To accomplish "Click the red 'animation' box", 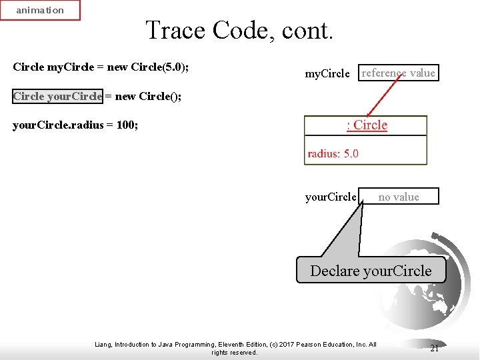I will (x=40, y=10).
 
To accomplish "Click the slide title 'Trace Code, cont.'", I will (x=239, y=30).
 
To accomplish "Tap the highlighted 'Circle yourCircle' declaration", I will (x=57, y=96).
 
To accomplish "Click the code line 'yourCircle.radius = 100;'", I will (x=75, y=125).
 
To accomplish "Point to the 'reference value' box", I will (x=398, y=73).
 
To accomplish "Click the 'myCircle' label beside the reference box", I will (x=327, y=74).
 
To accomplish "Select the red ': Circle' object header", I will (x=366, y=125).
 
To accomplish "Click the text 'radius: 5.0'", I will (x=333, y=153).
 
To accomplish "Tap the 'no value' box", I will (x=399, y=197).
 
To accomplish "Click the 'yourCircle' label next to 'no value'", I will (x=331, y=197).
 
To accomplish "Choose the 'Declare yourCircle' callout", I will (x=371, y=271).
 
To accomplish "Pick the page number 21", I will (x=434, y=349).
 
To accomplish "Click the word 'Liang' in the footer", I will (x=104, y=345).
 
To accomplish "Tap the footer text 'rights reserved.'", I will (x=234, y=352).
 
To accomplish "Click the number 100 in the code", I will (x=126, y=125).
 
